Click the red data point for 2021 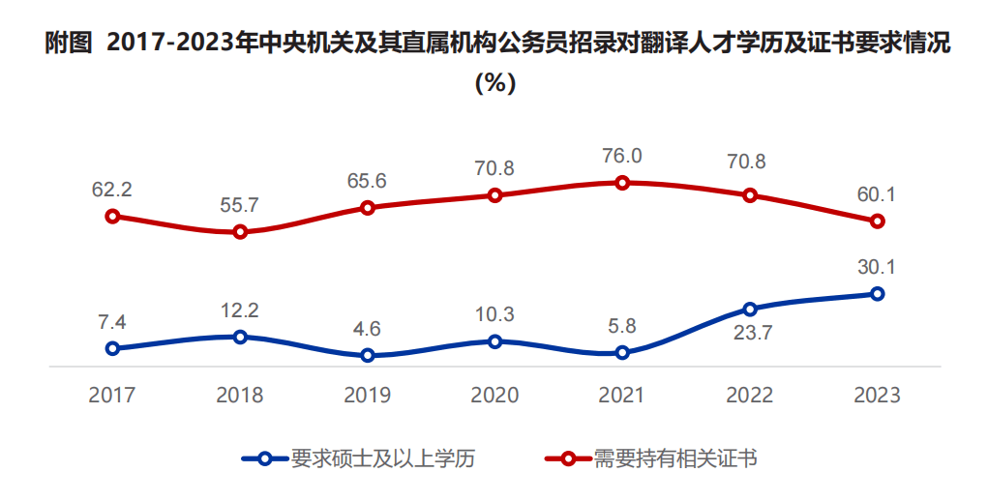coord(622,183)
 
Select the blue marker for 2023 coord(877,293)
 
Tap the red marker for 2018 coord(240,232)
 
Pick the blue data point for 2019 coord(368,356)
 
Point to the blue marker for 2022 coord(750,309)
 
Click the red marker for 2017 coord(113,217)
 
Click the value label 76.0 coord(622,156)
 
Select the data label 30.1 coord(877,267)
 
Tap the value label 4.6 coord(368,329)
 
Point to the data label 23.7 coord(752,333)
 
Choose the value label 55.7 coord(239,205)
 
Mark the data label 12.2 coord(239,310)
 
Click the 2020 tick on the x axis coord(494,395)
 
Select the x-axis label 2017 coord(112,395)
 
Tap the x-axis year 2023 coord(877,395)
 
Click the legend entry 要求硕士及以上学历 coord(359,458)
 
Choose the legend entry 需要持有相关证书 coord(651,458)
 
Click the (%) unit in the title coord(495,82)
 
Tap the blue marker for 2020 coord(495,341)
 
